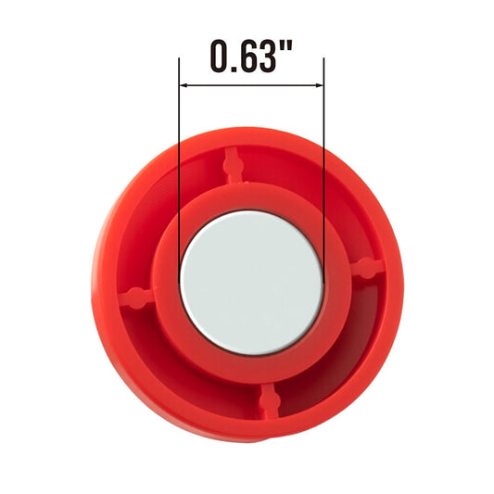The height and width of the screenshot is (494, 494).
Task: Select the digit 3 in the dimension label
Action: (x=267, y=57)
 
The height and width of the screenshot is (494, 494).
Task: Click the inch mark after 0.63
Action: (x=286, y=46)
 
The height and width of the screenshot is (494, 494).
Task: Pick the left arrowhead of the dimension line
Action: (x=183, y=85)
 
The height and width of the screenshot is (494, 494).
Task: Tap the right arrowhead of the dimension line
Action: (x=320, y=85)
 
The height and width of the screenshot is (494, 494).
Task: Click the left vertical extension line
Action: (x=179, y=171)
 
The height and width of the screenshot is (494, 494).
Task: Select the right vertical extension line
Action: (x=323, y=171)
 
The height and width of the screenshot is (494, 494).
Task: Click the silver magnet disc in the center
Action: (x=252, y=283)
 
